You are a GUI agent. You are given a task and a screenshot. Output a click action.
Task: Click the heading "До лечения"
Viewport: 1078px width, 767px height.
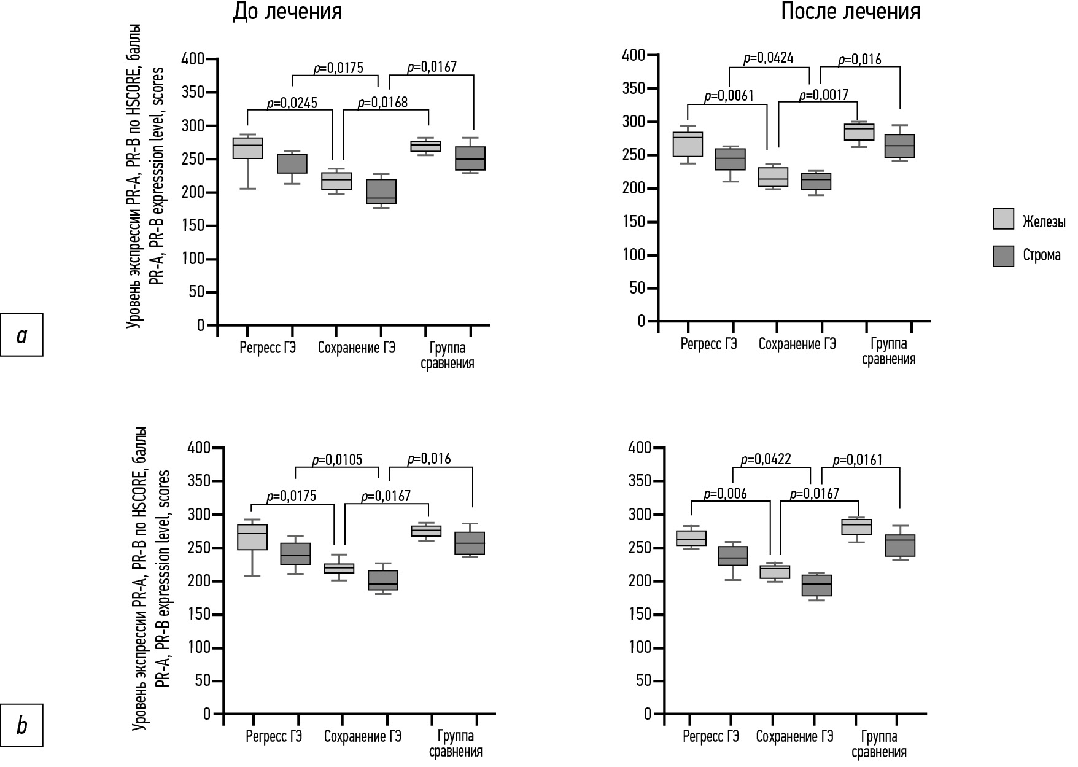pyautogui.click(x=287, y=13)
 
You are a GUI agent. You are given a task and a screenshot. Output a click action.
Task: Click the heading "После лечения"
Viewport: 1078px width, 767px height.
pyautogui.click(x=850, y=12)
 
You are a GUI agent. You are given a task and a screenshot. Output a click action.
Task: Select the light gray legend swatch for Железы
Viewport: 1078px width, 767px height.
pyautogui.click(x=1002, y=219)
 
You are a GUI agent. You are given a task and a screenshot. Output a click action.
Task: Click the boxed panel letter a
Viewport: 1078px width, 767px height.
pyautogui.click(x=22, y=335)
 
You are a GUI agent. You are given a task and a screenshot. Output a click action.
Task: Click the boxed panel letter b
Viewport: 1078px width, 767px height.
pyautogui.click(x=22, y=725)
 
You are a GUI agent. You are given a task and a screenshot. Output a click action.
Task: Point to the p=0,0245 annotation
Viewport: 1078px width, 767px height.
pyautogui.click(x=292, y=103)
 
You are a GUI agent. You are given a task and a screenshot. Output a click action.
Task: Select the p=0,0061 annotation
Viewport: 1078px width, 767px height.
pyautogui.click(x=728, y=95)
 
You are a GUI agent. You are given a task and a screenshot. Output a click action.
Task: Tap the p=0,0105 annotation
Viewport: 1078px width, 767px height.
pyautogui.click(x=337, y=459)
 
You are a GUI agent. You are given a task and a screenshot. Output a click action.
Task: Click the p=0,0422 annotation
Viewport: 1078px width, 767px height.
pyautogui.click(x=766, y=459)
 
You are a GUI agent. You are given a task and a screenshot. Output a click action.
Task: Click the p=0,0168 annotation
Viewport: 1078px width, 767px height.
pyautogui.click(x=382, y=102)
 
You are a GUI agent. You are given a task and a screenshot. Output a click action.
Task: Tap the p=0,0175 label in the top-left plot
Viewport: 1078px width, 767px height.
pyautogui.click(x=338, y=68)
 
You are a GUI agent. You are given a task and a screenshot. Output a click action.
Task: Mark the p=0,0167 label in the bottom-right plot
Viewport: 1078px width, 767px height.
pyautogui.click(x=814, y=494)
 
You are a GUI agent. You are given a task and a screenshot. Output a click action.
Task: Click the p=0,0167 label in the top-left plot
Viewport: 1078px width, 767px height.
pyautogui.click(x=432, y=67)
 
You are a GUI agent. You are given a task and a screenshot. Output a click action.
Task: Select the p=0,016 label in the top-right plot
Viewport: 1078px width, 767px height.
pyautogui.click(x=859, y=60)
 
